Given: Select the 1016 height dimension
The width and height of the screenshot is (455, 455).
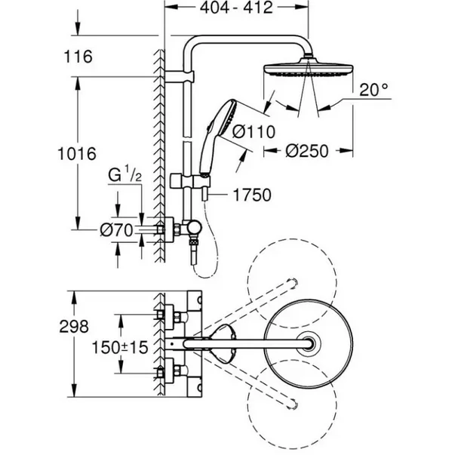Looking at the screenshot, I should [77, 154].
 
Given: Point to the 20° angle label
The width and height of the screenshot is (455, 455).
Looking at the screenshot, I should [374, 90].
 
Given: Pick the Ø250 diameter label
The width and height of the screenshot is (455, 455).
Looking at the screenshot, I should [307, 151].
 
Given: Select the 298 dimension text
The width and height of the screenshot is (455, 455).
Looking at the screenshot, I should [77, 327].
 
